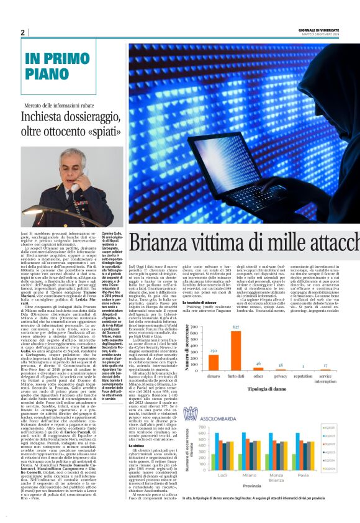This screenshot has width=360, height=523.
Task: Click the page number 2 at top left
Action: click(22, 33)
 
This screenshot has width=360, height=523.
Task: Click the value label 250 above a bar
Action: click(213, 352)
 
